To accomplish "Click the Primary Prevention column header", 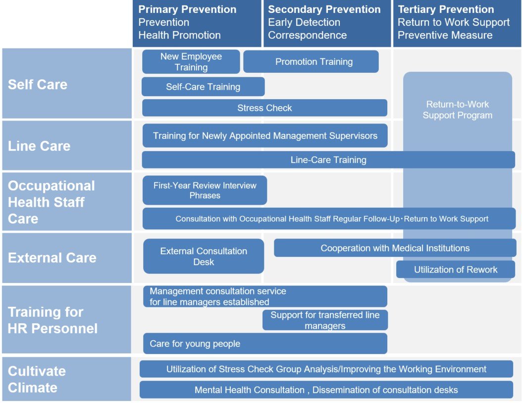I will (197, 23).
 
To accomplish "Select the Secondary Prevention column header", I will (327, 23).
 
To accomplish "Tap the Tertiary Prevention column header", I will (457, 23).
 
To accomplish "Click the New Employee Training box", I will (191, 62).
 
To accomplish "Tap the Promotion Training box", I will (311, 62).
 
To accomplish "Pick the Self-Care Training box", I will (203, 87).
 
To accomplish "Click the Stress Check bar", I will (264, 108).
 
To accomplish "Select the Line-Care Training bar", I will (328, 160).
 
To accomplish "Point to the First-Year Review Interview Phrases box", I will (205, 190).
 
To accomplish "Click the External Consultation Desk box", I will (204, 256).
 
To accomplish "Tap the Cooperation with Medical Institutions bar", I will (395, 248).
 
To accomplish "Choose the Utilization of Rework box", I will (456, 270).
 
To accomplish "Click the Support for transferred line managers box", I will (325, 320).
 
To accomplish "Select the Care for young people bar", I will (265, 344).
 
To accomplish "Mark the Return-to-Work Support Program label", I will (457, 110).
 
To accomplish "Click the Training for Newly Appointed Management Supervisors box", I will (265, 136).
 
